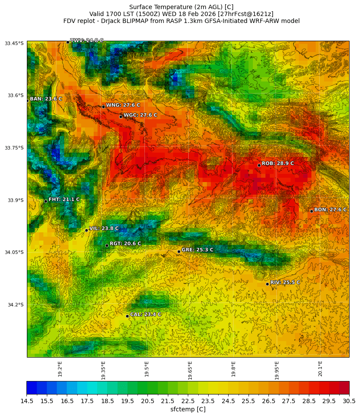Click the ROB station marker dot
[259, 165]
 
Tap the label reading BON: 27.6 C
[330, 210]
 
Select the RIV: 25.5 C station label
[285, 283]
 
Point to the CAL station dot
[127, 316]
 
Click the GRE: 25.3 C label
[197, 250]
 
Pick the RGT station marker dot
[107, 245]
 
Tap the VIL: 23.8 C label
[104, 228]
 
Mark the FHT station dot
[46, 201]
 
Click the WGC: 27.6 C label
[140, 115]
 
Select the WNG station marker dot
[103, 107]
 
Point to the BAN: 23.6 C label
[46, 99]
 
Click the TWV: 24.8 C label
[87, 40]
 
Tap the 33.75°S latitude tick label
[14, 148]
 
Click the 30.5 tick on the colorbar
[349, 401]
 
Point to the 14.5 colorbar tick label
[27, 401]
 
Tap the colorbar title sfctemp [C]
[188, 410]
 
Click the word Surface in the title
[141, 7]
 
